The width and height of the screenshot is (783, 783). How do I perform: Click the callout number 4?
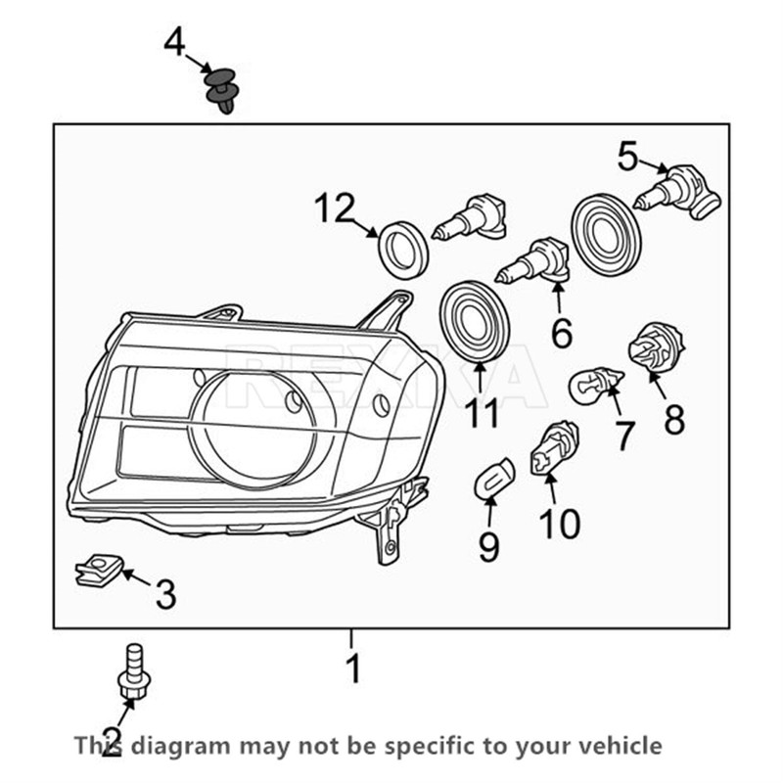(x=174, y=42)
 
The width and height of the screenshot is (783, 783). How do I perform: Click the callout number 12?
(x=334, y=209)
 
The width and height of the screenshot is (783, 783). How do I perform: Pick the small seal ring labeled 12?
(x=402, y=249)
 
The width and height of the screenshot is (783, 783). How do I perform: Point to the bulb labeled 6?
(x=534, y=261)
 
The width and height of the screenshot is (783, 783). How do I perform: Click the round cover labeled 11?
(x=479, y=319)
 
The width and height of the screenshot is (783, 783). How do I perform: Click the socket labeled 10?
(x=553, y=448)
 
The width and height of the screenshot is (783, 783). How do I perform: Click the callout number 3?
(x=165, y=593)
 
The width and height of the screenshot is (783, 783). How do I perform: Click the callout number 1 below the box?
(x=352, y=669)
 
